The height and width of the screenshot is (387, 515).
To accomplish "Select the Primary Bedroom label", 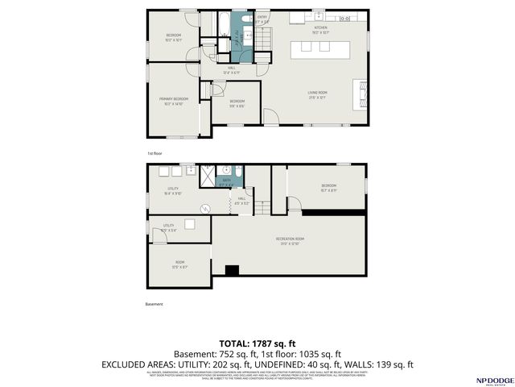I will click(x=173, y=101).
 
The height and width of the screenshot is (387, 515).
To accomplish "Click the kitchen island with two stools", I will click(x=319, y=48).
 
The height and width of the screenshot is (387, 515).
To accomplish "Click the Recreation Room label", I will click(x=289, y=241).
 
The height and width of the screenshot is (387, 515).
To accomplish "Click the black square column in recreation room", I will click(x=232, y=271).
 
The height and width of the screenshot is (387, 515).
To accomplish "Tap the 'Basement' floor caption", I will click(x=154, y=304).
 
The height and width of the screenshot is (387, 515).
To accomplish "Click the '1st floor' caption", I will click(x=154, y=152).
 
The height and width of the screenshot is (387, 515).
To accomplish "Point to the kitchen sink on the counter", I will click(x=319, y=16).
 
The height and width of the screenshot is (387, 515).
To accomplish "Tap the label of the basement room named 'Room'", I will click(x=179, y=263).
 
